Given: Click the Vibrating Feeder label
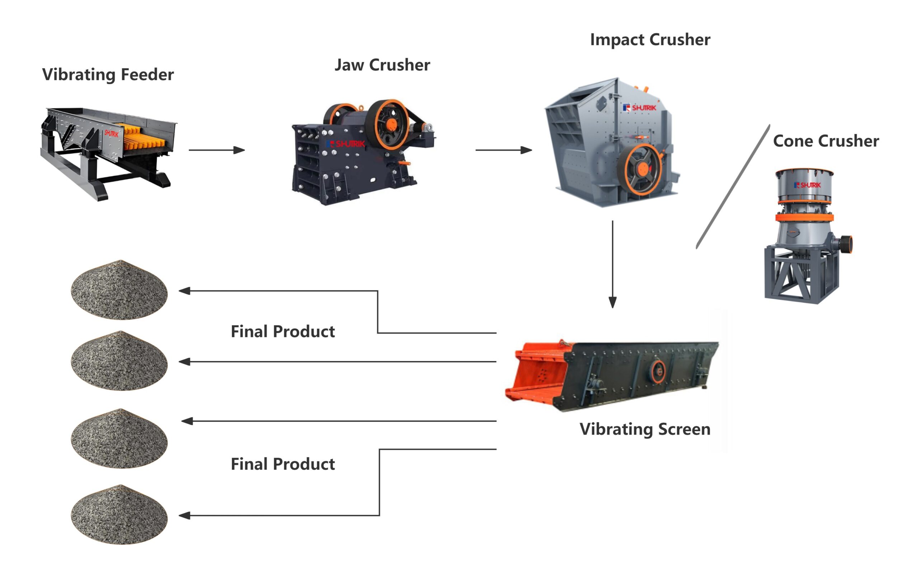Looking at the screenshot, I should tap(108, 74).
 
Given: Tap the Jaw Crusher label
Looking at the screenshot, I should tap(382, 65).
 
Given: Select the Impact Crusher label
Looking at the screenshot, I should tap(650, 40).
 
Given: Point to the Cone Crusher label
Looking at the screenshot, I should tap(826, 141).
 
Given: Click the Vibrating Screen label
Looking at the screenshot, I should tap(645, 429).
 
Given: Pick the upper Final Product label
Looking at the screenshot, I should tap(283, 332).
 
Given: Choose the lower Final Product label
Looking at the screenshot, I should tap(283, 464).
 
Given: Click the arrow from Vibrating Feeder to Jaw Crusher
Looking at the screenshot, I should tap(217, 150).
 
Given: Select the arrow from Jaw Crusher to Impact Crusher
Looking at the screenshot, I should tap(503, 150).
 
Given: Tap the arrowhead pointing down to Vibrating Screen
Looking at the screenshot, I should tap(612, 302).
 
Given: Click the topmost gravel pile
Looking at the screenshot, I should tap(119, 290).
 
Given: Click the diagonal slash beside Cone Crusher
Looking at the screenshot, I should tap(733, 187).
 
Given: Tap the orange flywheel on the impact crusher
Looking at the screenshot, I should tap(643, 169).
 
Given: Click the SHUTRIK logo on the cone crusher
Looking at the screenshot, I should tap(808, 185).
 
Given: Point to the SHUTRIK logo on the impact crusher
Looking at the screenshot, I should tap(640, 108).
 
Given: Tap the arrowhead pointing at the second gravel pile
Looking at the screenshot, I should tap(185, 362).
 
